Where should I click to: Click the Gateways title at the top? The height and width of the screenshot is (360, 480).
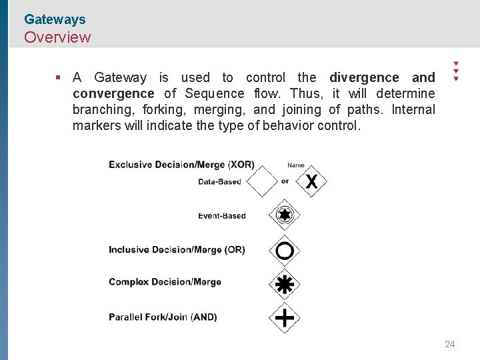55,20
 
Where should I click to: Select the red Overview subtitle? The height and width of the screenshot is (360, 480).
57,37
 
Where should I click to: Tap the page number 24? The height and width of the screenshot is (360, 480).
449,344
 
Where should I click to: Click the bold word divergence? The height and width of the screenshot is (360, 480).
364,77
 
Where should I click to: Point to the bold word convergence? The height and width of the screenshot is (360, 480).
113,93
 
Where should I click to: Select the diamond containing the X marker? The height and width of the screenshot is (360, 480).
311,181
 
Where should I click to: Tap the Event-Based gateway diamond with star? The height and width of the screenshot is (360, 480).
285,215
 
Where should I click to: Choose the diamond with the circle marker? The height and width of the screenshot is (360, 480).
285,251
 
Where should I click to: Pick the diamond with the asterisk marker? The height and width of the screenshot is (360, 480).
285,285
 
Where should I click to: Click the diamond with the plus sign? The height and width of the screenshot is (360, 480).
285,317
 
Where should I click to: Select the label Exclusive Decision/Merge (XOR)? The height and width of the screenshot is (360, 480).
181,165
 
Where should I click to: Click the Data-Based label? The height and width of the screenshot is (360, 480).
219,181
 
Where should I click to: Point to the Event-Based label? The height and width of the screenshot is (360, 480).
222,215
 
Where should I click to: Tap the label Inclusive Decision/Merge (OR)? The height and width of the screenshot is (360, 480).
177,250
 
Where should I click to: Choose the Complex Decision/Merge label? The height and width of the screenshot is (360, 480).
165,282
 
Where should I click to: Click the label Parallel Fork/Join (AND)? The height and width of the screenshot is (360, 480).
163,317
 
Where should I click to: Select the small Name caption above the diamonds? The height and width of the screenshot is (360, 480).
295,165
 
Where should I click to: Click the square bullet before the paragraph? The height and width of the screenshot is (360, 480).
59,77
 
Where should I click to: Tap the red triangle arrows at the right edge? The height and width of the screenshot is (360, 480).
456,70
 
